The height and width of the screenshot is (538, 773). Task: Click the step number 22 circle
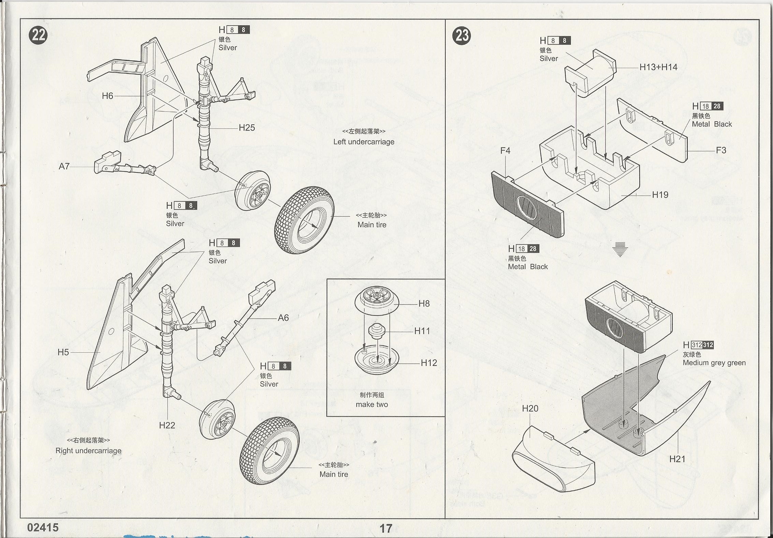click(x=38, y=35)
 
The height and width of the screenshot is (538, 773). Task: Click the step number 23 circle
click(x=461, y=35)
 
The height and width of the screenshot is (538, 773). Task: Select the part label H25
click(x=247, y=128)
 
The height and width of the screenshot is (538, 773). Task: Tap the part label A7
click(x=64, y=166)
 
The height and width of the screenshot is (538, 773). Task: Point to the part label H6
click(x=107, y=96)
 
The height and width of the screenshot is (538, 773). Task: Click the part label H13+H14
click(x=658, y=67)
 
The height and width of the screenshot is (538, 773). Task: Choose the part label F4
click(x=505, y=151)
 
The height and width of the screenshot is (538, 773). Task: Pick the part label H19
click(x=660, y=195)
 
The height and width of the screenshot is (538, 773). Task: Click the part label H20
click(x=530, y=408)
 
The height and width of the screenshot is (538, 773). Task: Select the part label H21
click(x=677, y=459)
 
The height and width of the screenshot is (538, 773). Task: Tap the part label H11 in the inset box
click(x=422, y=331)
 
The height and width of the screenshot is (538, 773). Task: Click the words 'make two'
click(x=372, y=404)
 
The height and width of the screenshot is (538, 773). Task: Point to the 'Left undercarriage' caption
click(x=363, y=142)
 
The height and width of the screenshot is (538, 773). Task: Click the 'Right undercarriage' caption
click(x=88, y=450)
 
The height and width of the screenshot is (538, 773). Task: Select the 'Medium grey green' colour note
click(x=714, y=363)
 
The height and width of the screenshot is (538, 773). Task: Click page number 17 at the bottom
click(x=386, y=528)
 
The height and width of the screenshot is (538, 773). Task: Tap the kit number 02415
click(x=43, y=527)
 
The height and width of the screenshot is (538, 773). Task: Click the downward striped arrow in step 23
click(x=620, y=249)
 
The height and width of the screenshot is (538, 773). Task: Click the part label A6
click(x=283, y=318)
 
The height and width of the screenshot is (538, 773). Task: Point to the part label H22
click(x=167, y=425)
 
